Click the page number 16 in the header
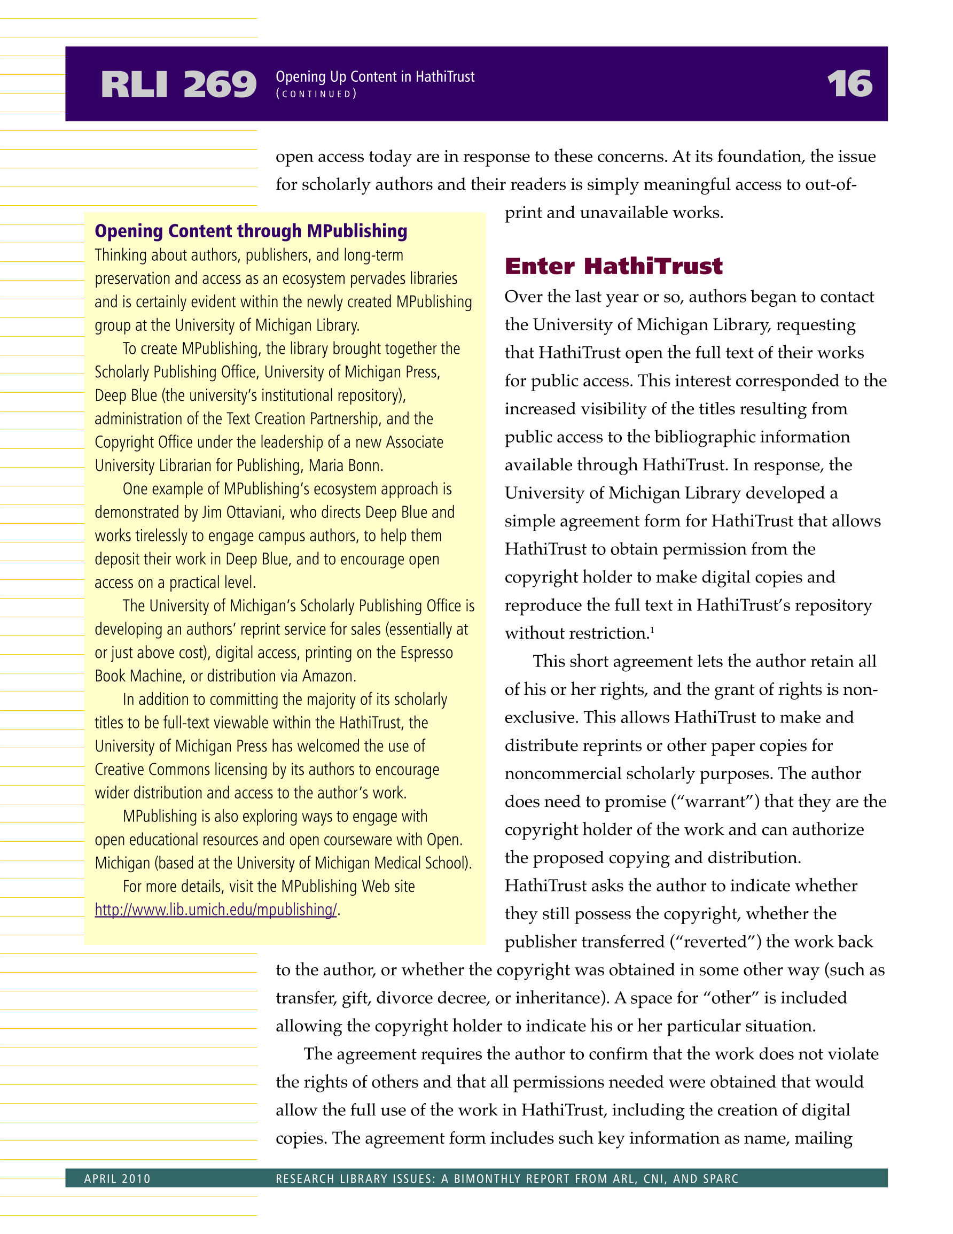[x=849, y=84]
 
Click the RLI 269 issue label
[x=178, y=85]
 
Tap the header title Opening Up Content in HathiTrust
[x=375, y=77]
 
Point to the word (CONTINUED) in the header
[x=316, y=95]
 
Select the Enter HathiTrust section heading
[x=613, y=266]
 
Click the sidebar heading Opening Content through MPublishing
[x=251, y=231]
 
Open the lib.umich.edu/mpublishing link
[x=216, y=910]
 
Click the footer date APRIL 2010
[x=118, y=1178]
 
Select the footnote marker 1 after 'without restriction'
[x=652, y=630]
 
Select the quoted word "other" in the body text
[x=731, y=998]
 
